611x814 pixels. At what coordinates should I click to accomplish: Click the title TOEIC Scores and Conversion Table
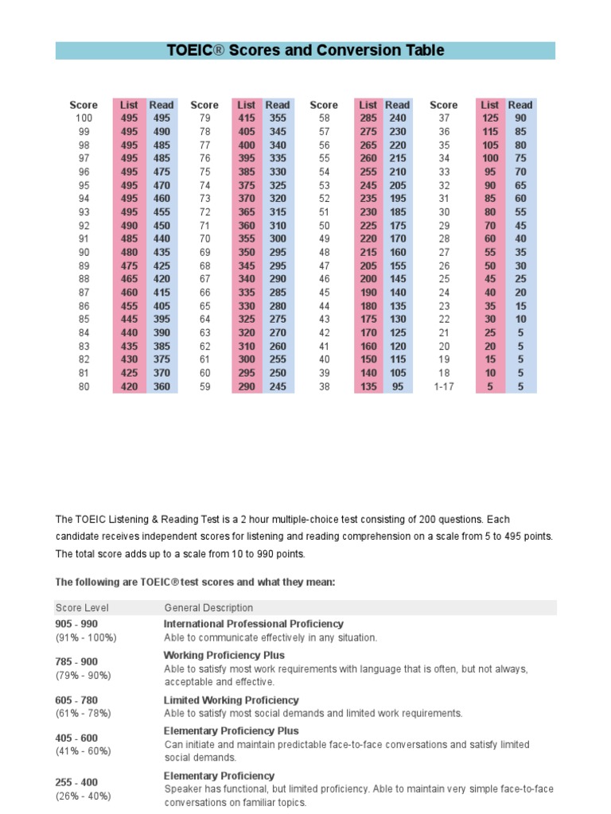305,51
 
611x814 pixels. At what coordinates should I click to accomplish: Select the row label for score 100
84,118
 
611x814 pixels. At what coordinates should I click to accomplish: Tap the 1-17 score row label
444,387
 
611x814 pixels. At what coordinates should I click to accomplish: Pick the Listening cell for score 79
247,118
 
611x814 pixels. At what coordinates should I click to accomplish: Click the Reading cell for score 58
397,118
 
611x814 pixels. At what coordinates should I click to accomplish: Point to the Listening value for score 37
490,118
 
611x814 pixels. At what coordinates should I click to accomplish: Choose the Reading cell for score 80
162,387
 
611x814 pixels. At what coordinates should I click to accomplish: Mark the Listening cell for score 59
247,387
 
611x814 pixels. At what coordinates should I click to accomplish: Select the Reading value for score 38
397,387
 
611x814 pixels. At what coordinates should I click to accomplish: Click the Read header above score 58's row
397,105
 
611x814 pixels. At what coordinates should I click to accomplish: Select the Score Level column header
82,608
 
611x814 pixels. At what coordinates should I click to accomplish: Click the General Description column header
208,608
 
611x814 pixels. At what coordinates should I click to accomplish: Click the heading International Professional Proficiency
254,624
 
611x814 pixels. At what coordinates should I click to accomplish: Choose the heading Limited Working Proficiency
232,700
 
